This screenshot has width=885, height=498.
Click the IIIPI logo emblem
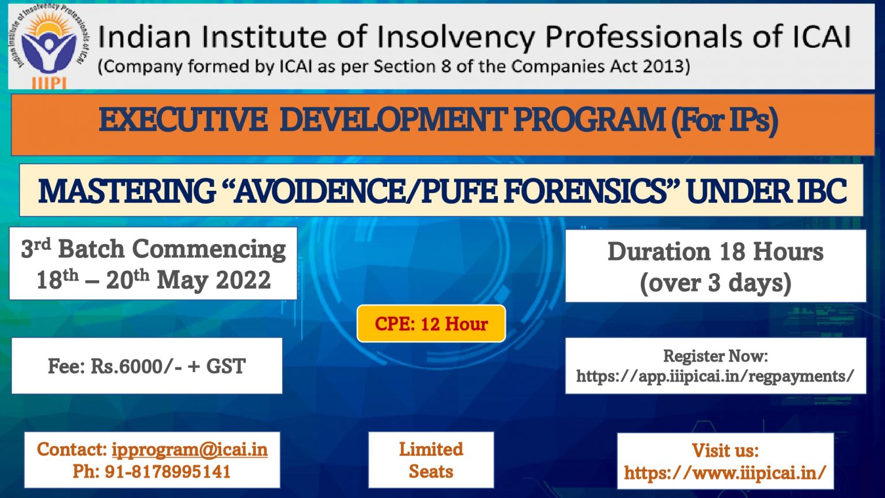(x=49, y=46)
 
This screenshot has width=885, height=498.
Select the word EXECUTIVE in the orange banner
(x=183, y=120)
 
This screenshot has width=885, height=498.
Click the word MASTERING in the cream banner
(x=127, y=191)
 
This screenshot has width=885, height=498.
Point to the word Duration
(x=659, y=251)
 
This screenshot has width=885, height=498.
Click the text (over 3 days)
(x=716, y=283)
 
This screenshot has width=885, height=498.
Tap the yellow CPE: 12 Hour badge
(x=431, y=324)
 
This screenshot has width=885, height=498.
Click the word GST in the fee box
(x=226, y=366)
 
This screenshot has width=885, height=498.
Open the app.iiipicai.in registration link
(x=715, y=376)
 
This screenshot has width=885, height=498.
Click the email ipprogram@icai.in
(x=190, y=450)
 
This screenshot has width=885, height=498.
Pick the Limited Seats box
(x=431, y=460)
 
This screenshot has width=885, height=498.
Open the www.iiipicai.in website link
(x=725, y=472)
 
